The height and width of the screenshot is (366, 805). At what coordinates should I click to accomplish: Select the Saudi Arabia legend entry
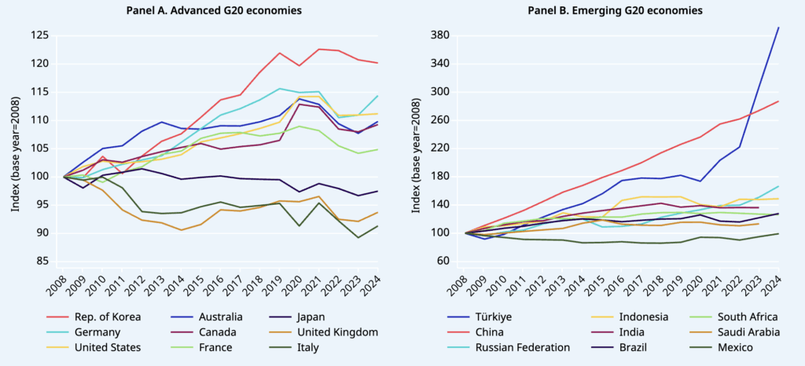(740, 331)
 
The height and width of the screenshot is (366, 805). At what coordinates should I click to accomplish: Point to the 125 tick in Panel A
(40, 35)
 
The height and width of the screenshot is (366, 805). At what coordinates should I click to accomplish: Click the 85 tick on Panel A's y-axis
(43, 261)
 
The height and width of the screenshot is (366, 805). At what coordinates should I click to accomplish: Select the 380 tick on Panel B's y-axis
(442, 35)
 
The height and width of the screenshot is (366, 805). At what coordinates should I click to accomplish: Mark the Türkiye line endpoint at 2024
(778, 27)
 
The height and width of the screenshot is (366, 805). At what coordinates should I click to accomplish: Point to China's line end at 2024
(778, 101)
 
